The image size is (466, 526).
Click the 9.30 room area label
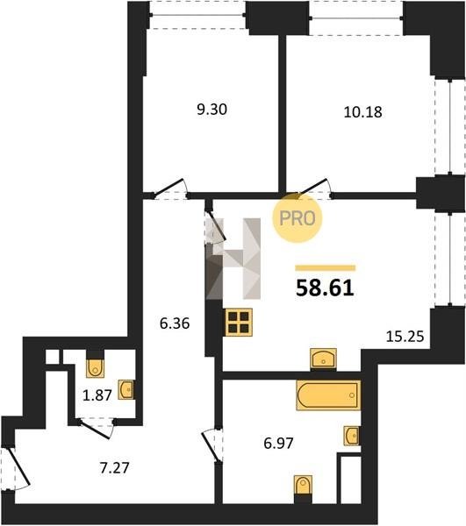pyautogui.click(x=211, y=110)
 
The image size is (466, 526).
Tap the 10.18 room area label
pyautogui.click(x=362, y=112)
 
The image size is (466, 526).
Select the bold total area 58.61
pyautogui.click(x=325, y=288)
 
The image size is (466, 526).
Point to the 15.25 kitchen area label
pyautogui.click(x=405, y=336)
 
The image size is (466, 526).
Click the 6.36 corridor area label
pyautogui.click(x=175, y=323)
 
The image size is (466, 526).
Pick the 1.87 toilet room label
pyautogui.click(x=97, y=395)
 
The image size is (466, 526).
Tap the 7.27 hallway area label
pyautogui.click(x=114, y=468)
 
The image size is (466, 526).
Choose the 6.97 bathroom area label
pyautogui.click(x=279, y=444)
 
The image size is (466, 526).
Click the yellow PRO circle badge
pyautogui.click(x=298, y=218)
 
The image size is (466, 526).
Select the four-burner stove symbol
pyautogui.click(x=239, y=322)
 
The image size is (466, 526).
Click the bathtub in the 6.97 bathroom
pyautogui.click(x=328, y=395)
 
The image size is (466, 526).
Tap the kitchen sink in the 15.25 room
pyautogui.click(x=323, y=359)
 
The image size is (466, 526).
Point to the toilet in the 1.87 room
pyautogui.click(x=96, y=368)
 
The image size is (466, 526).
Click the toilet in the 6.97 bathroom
pyautogui.click(x=303, y=485)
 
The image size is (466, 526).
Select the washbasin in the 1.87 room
pyautogui.click(x=126, y=389)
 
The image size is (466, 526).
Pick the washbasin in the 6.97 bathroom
pyautogui.click(x=352, y=436)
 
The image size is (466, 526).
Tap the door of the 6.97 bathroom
pyautogui.click(x=211, y=445)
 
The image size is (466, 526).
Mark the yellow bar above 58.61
pyautogui.click(x=325, y=267)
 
